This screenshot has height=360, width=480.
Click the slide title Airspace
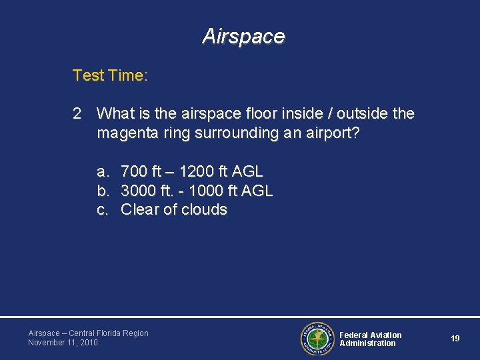click(243, 36)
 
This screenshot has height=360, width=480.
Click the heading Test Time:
click(110, 76)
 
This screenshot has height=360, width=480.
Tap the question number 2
click(77, 114)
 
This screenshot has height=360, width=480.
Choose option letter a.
click(103, 172)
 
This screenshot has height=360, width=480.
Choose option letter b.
click(103, 191)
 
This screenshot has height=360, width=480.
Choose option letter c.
click(103, 209)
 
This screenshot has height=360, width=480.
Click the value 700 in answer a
click(135, 172)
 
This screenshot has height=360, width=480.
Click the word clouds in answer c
click(204, 209)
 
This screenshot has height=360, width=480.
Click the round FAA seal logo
click(316, 339)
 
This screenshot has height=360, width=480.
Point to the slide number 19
click(455, 339)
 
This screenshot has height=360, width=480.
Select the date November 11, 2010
click(63, 343)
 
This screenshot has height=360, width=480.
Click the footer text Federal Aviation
click(371, 335)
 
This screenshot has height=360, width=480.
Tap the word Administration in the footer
click(367, 343)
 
